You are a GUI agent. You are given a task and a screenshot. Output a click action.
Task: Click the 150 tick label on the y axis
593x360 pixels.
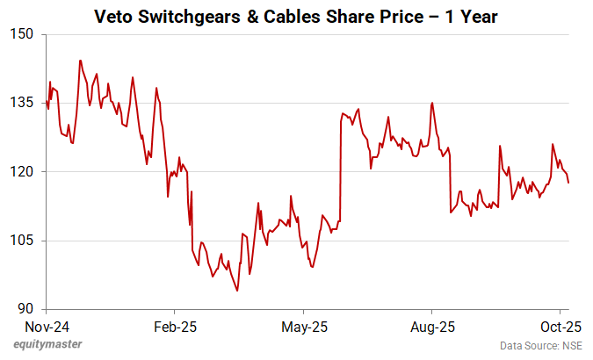coord(21,34)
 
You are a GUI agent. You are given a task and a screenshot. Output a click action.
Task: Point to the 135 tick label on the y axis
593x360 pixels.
coord(21,103)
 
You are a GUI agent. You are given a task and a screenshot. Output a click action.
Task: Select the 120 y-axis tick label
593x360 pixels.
coord(21,171)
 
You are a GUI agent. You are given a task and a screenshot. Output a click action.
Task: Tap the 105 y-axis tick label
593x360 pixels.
coord(21,240)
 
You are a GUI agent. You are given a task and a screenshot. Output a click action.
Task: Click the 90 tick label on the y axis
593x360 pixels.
coord(25,308)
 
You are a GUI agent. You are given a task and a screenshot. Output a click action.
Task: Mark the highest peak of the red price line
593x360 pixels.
coord(80,61)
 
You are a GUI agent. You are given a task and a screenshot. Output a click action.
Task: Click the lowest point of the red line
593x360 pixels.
coord(237,291)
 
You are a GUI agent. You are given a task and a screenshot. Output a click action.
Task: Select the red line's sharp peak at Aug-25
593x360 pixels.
coord(432,103)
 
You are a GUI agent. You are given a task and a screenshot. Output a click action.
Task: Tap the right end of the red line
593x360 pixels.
coord(569,183)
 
